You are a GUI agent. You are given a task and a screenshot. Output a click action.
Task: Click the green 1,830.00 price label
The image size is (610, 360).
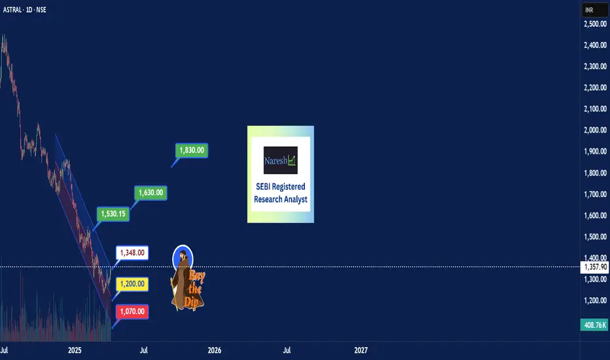[191, 151]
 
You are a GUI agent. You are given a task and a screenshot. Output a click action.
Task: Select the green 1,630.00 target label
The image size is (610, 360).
[151, 192]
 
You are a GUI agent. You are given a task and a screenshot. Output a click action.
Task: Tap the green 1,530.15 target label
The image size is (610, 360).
[113, 213]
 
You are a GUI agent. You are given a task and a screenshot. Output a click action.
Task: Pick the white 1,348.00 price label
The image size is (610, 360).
[132, 253]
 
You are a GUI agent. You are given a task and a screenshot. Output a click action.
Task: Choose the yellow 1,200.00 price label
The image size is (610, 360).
[132, 283]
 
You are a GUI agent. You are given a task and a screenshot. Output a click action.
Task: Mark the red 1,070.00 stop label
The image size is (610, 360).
[132, 312]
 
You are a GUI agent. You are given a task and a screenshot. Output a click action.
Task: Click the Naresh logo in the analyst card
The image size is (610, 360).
[281, 160]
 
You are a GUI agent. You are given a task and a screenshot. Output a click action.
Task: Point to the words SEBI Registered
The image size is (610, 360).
[281, 187]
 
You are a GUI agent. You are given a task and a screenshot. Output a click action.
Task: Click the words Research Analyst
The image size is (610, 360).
[281, 199]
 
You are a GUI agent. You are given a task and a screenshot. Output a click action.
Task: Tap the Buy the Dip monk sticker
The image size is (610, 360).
[187, 278]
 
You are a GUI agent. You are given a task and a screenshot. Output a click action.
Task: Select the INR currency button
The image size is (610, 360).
[595, 10]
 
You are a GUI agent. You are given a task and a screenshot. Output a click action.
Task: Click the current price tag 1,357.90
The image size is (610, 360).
[594, 267]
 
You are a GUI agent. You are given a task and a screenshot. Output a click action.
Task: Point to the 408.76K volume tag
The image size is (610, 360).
[594, 325]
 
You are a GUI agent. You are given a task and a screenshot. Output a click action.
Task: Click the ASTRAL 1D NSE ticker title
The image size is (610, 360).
[24, 10]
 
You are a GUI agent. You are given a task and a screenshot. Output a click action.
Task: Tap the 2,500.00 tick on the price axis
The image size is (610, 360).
[595, 24]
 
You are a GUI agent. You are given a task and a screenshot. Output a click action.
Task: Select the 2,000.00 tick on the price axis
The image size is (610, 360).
[595, 130]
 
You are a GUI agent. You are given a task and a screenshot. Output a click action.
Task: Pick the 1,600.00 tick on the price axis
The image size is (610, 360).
[595, 215]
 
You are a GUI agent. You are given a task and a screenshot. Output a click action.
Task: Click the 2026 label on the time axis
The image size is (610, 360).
[215, 350]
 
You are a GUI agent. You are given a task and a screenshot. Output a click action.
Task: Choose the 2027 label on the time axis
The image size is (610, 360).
[361, 350]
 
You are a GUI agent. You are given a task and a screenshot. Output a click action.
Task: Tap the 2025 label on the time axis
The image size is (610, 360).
[75, 350]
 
